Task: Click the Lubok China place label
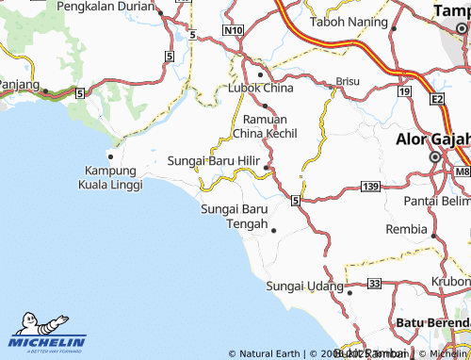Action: (x=261, y=88)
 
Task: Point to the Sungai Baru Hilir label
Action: (x=213, y=160)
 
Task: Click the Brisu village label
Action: (x=349, y=81)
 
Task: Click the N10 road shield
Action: (x=234, y=30)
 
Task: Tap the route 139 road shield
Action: (x=370, y=188)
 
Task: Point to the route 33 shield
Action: (x=375, y=283)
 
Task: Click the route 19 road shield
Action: (x=404, y=91)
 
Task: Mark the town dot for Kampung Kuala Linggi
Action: (x=110, y=155)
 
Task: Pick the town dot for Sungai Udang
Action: (x=349, y=292)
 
